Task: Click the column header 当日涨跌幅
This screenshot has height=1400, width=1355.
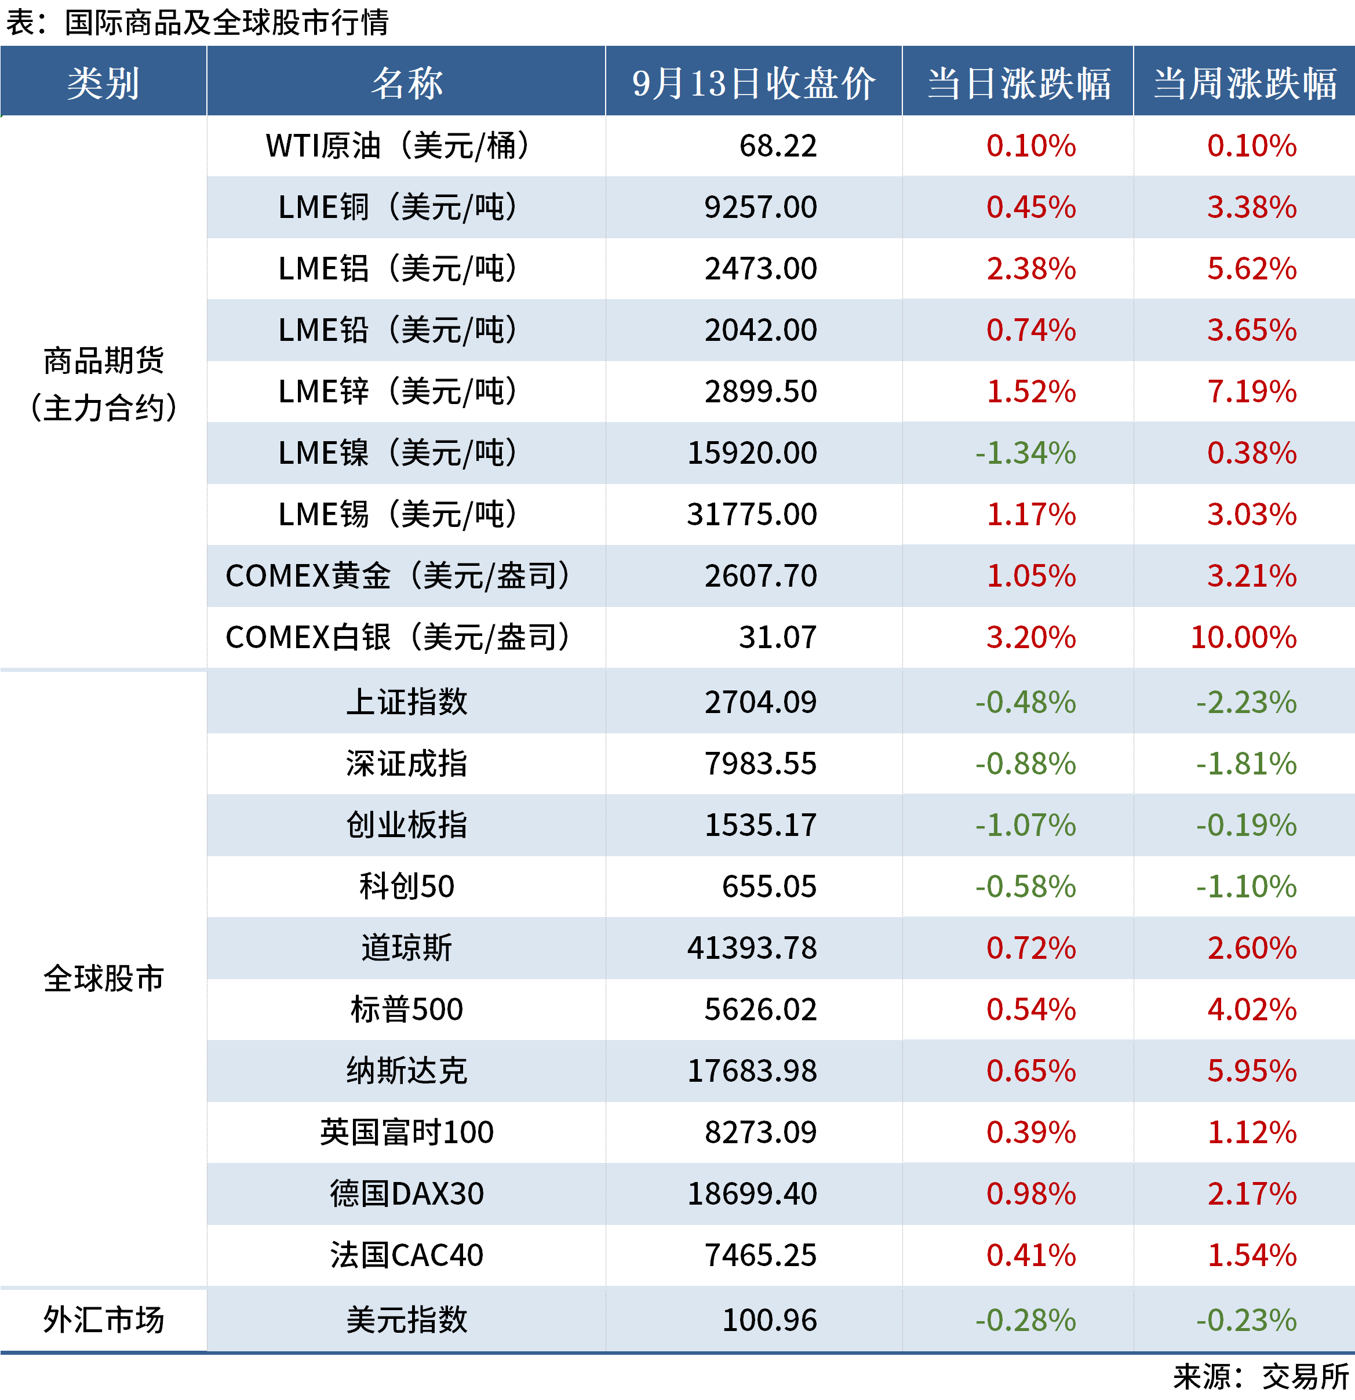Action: tap(1018, 83)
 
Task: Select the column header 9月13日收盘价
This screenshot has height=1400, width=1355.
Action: tap(753, 83)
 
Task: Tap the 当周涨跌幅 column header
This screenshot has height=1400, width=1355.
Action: tap(1244, 83)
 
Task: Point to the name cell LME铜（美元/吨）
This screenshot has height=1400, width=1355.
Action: tap(398, 207)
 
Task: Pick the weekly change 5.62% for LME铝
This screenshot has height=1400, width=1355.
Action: tap(1251, 268)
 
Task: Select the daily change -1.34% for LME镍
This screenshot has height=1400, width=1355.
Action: tap(1025, 453)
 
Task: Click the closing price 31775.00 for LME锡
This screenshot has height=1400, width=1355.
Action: tap(752, 514)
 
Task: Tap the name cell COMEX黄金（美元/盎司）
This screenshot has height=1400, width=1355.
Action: tap(398, 576)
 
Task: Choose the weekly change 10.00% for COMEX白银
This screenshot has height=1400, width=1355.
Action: tap(1243, 637)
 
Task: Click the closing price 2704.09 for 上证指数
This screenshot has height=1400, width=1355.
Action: tap(760, 702)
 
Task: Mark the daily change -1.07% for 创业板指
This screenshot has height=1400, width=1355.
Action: tap(1025, 825)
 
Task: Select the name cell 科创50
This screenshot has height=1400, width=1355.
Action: tap(406, 886)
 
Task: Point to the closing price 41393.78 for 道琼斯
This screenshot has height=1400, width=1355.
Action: tap(752, 948)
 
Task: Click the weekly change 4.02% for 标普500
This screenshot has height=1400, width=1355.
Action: tap(1251, 1009)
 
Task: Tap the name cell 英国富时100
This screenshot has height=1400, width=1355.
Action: tap(406, 1132)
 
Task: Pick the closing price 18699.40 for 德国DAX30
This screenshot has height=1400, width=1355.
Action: tap(752, 1194)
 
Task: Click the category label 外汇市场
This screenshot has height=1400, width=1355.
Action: tap(104, 1319)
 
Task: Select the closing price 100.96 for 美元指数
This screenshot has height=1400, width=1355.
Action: tap(769, 1320)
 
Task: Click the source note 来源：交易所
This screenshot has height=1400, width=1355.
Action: tap(1261, 1376)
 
